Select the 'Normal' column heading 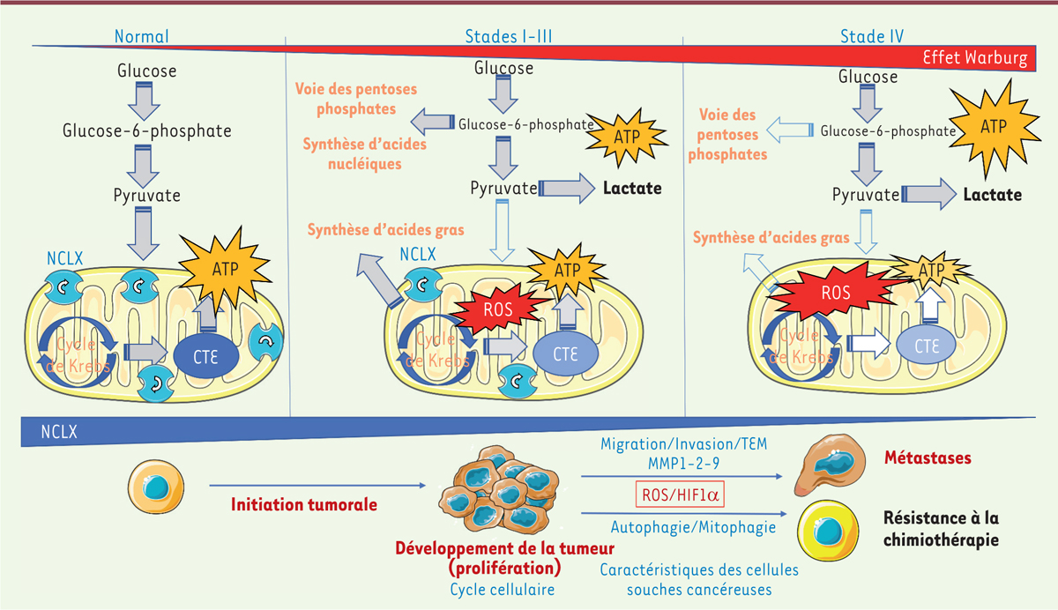pyautogui.click(x=141, y=36)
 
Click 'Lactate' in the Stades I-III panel pyautogui.click(x=633, y=189)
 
